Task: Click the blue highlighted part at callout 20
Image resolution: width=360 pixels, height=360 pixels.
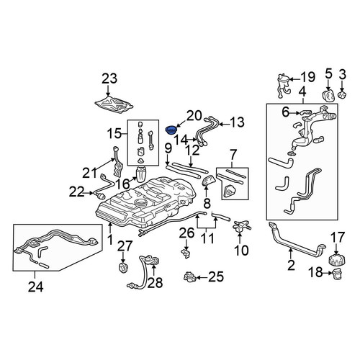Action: (x=171, y=130)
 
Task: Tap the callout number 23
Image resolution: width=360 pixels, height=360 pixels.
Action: (x=109, y=79)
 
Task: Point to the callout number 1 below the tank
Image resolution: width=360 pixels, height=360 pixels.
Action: (x=110, y=240)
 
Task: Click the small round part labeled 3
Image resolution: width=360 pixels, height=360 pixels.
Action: (x=342, y=94)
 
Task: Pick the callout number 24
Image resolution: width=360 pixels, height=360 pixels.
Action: (x=36, y=287)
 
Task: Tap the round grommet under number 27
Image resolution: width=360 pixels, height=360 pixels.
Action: (x=124, y=268)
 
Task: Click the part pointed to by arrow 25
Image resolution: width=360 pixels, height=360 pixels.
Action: (x=191, y=276)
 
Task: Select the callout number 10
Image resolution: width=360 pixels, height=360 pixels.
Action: (x=241, y=251)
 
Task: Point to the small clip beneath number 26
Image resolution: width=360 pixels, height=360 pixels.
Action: (x=185, y=253)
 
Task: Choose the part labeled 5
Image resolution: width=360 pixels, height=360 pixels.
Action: (x=328, y=96)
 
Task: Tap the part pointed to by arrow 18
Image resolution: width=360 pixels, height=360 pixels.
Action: (x=337, y=274)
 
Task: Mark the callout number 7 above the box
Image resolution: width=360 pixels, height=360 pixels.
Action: (x=233, y=156)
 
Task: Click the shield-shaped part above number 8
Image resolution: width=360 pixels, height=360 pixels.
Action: (x=209, y=181)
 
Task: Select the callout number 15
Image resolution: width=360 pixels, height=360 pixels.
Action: (x=114, y=133)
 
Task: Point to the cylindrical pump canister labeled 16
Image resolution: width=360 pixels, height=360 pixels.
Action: (x=142, y=174)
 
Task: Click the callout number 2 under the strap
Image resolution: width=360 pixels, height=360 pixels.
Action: (x=291, y=265)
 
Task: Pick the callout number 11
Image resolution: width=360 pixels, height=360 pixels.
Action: (x=207, y=239)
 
